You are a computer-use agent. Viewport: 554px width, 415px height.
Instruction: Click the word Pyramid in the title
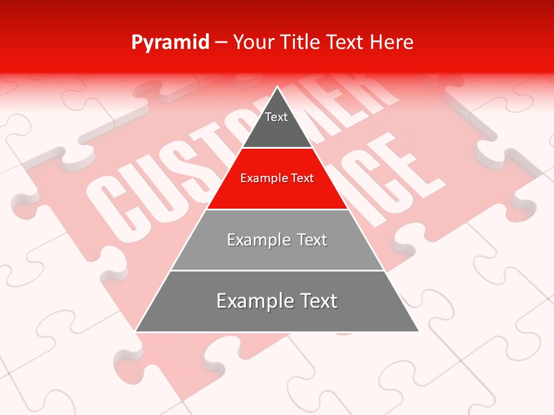coord(170,43)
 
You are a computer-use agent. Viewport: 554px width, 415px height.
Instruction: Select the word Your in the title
coord(253,42)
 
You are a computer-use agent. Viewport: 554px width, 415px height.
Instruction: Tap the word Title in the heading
coord(300,42)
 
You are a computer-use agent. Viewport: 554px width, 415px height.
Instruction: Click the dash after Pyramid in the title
coord(221,43)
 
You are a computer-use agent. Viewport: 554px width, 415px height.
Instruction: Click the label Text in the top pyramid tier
coord(276,117)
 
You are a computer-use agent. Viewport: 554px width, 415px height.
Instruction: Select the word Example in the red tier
coord(262,178)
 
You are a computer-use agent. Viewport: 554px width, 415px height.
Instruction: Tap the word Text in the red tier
coord(302,178)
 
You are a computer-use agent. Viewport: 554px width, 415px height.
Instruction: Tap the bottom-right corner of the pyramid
coord(418,331)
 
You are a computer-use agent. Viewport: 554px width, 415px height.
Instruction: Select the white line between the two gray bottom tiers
coord(277,270)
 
